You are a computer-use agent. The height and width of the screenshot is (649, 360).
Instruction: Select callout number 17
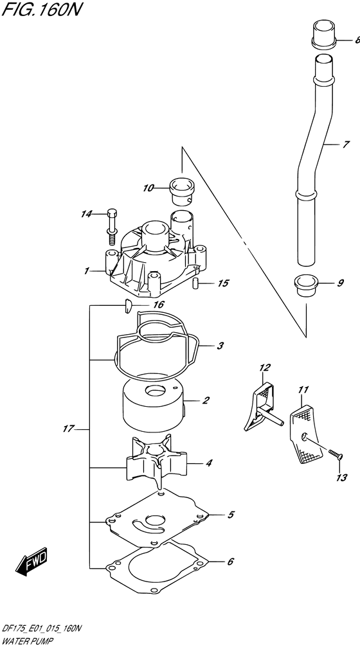coord(69,429)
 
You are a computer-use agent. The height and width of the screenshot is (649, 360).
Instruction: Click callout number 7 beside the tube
coord(346,145)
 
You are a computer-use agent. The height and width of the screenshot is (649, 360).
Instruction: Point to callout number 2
coord(206,401)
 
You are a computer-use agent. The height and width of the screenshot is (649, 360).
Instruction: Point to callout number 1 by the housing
coord(85,271)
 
